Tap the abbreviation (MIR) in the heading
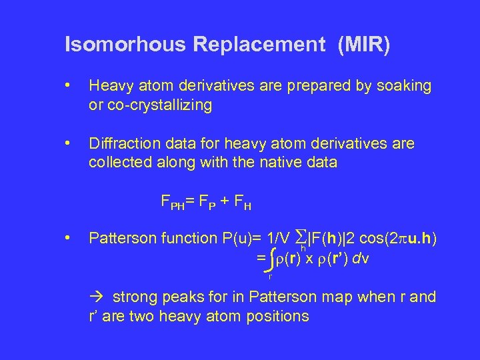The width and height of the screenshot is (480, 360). pos(364,45)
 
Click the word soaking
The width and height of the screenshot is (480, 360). pos(405,86)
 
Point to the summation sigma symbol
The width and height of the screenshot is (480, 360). pos(301,237)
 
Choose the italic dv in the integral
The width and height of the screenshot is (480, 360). pos(361,258)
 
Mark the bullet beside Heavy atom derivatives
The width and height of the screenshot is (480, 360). pos(69,86)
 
